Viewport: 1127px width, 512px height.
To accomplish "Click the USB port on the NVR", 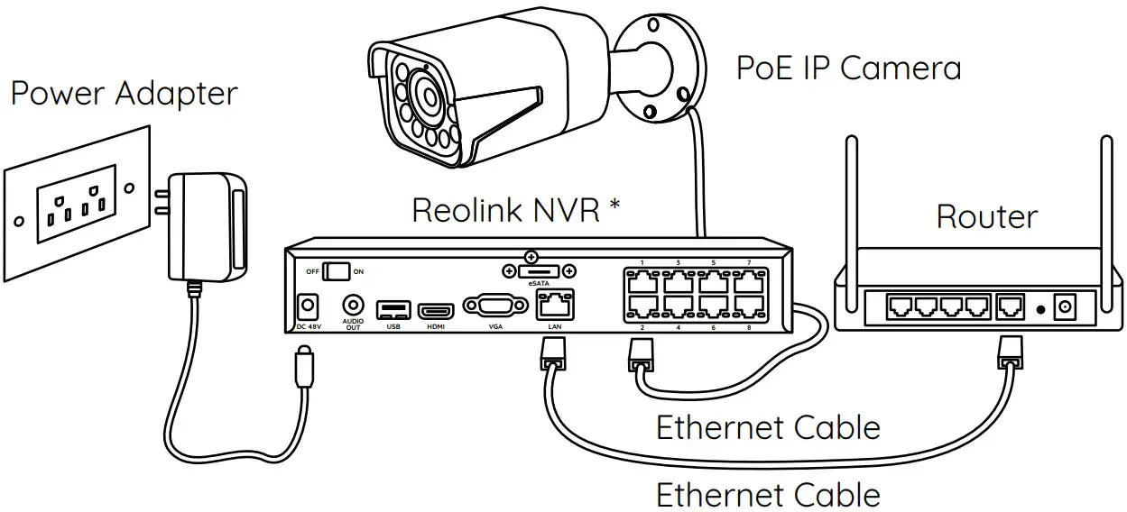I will point(393,310).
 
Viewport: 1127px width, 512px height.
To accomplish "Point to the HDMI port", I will point(436,310).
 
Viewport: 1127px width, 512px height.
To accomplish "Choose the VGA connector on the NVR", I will point(494,306).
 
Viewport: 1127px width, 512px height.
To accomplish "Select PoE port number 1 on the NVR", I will point(641,280).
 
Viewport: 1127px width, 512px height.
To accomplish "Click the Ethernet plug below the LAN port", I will point(550,354).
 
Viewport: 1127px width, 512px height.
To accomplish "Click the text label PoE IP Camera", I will point(848,69).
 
